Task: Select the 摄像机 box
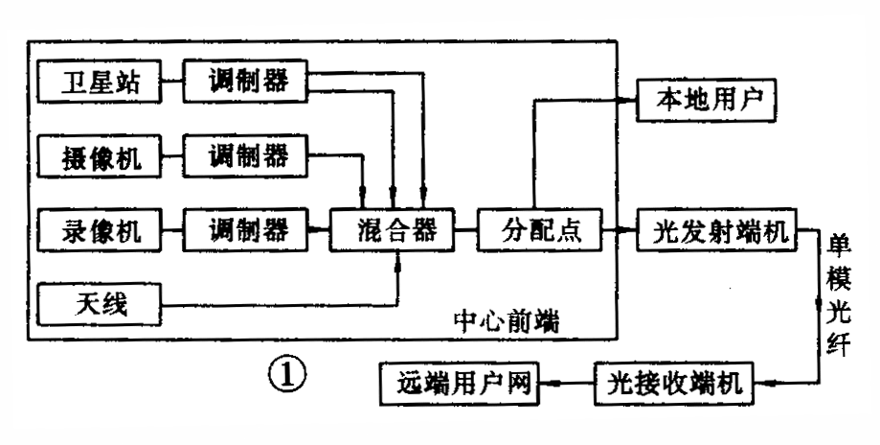pos(97,156)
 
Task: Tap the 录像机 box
pos(97,230)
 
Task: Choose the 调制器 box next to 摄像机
pos(247,156)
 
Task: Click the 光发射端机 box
pos(717,230)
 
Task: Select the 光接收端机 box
pos(679,385)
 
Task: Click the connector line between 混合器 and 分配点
pos(465,230)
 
